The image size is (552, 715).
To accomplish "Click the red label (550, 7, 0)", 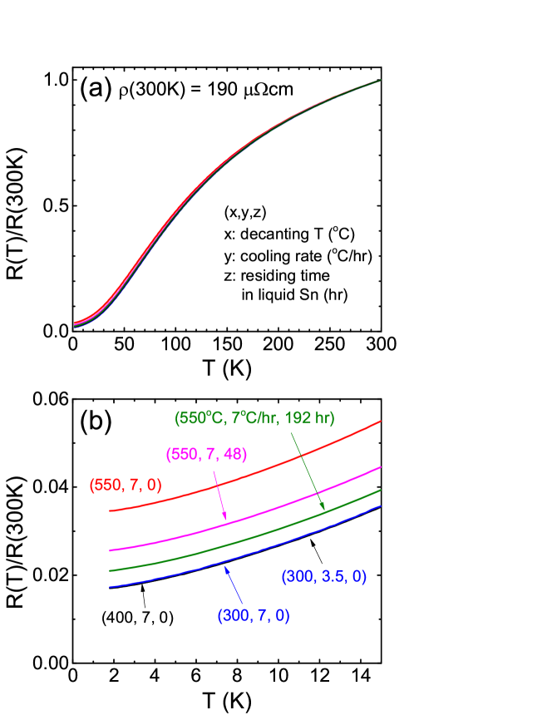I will point(126,486).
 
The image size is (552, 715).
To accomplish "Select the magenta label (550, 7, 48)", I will point(206,455).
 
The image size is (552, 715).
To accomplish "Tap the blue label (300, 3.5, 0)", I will point(324,576).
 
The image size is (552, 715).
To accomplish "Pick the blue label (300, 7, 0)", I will point(254,616).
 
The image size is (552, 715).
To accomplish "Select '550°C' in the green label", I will point(198,418).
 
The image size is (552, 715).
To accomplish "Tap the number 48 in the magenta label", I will point(234,455).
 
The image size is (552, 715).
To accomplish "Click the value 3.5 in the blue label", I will point(330,576).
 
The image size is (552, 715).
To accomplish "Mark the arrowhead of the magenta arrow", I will point(225,520).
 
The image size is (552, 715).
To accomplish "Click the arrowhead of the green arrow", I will point(323,508).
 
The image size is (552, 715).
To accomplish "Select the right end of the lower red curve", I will point(381,422).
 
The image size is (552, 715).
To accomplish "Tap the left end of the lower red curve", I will point(110,510).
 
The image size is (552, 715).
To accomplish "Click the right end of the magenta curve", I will point(381,467).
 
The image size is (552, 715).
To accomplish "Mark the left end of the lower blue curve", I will point(110,587).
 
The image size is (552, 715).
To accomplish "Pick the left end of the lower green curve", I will point(110,570).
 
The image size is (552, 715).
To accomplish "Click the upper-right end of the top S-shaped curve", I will point(381,80).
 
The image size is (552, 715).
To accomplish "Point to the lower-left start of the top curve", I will point(75,324).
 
